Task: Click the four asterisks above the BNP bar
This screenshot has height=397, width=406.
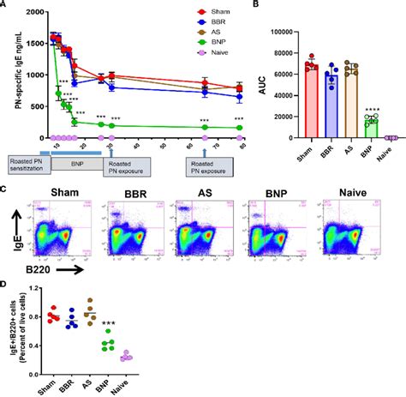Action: [x=371, y=108]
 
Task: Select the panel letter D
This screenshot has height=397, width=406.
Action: [x=6, y=286]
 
